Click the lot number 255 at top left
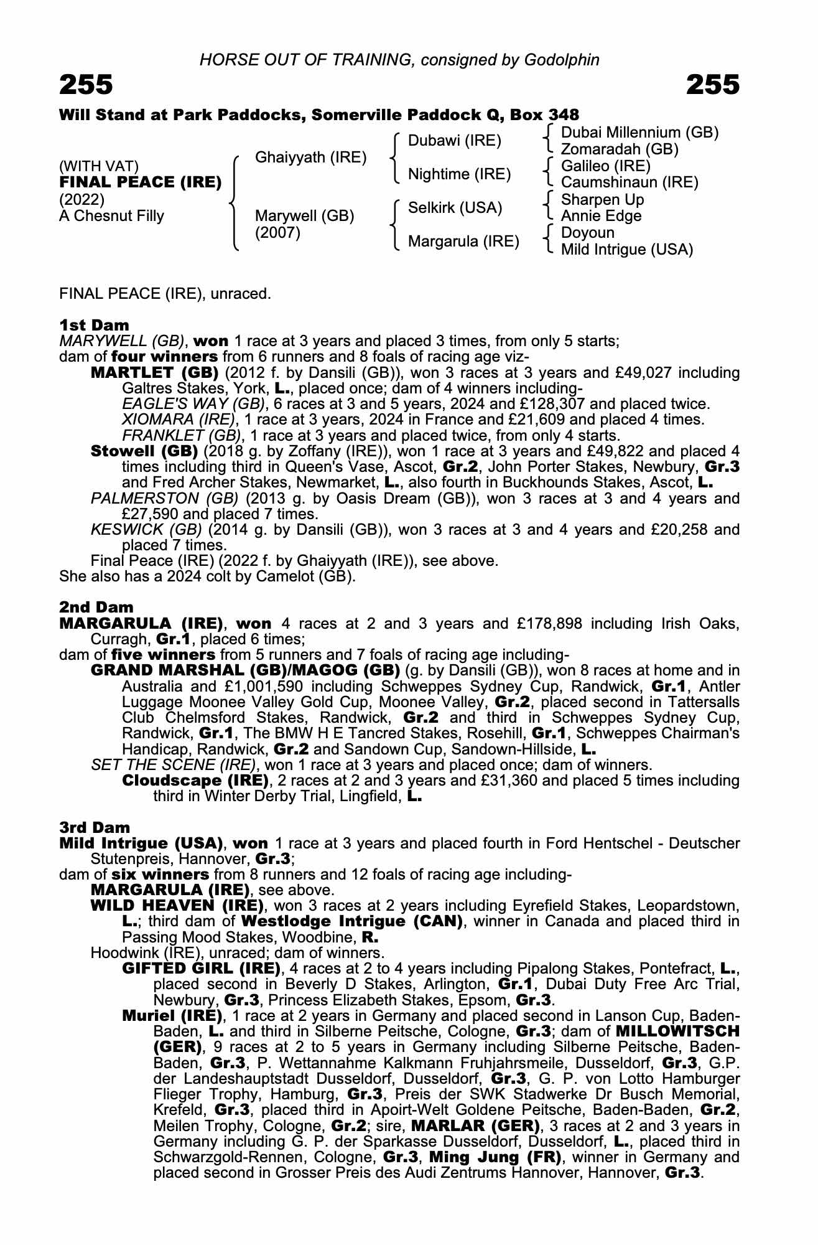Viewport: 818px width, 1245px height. coord(86,85)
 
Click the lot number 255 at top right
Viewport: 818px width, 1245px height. coord(713,85)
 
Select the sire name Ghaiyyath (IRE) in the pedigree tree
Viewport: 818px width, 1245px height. coord(311,157)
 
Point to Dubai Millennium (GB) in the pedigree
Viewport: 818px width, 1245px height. coord(639,133)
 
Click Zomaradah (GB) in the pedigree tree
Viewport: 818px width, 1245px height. coord(620,149)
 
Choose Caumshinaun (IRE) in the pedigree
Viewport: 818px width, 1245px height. coord(630,182)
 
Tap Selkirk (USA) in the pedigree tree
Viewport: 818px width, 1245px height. coord(455,208)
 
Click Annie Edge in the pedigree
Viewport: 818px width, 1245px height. coord(601,216)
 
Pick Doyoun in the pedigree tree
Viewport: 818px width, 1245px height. coord(588,233)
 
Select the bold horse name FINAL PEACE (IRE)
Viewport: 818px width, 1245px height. coord(141,182)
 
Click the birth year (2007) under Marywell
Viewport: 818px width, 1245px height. coord(278,233)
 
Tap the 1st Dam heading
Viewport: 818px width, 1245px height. coord(95,325)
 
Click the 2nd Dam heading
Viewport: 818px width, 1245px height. coord(96,607)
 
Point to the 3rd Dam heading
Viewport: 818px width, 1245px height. coord(95,827)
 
